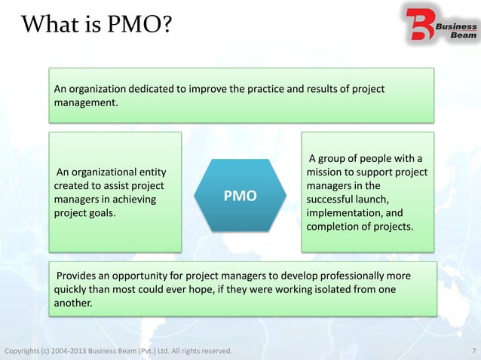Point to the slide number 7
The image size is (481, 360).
click(473, 351)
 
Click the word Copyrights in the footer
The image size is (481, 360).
click(26, 351)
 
